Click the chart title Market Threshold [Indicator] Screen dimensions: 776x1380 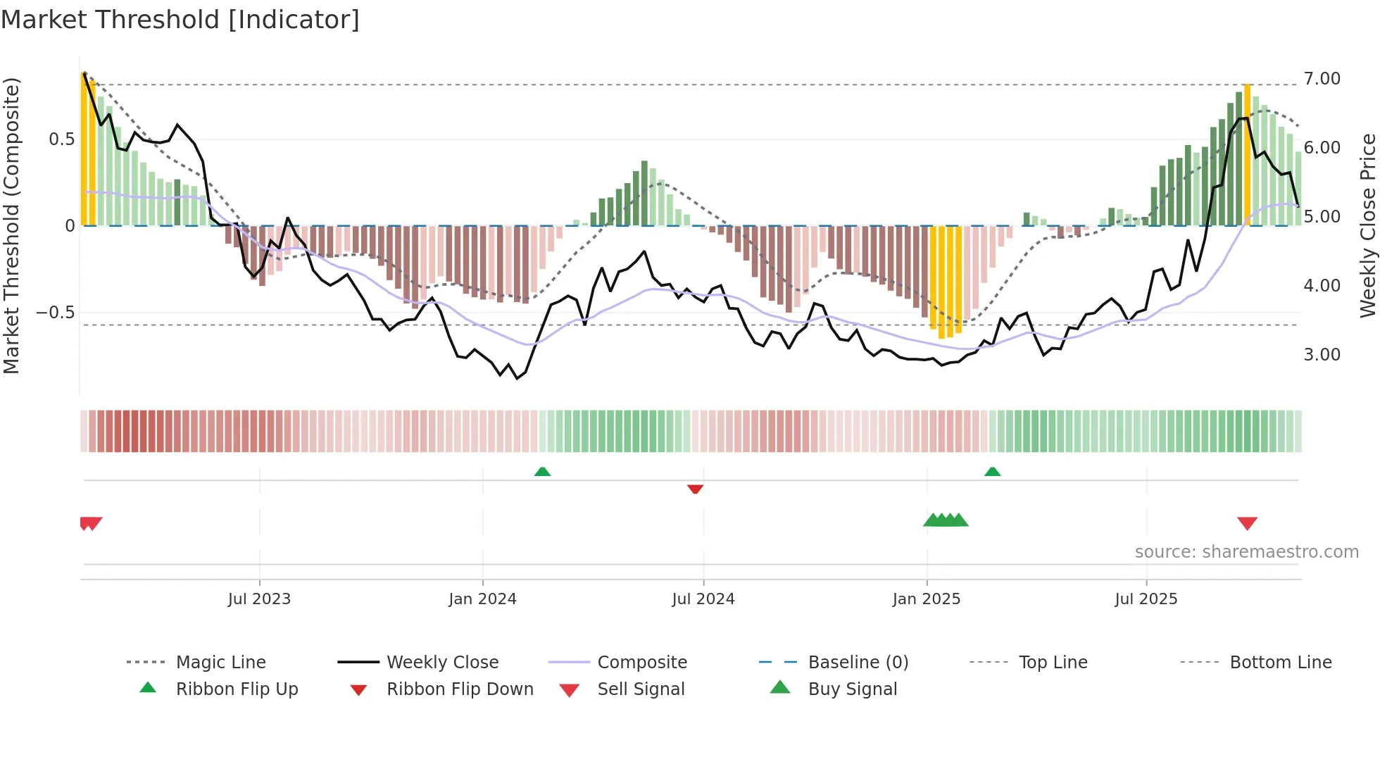click(x=180, y=20)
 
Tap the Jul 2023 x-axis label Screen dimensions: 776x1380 click(x=259, y=599)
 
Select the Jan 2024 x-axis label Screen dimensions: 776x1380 click(x=482, y=599)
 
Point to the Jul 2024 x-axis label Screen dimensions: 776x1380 click(x=703, y=599)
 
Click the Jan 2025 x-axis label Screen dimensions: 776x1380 click(x=926, y=599)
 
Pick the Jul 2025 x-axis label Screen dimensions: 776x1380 click(x=1146, y=599)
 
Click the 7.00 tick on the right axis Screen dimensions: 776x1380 click(x=1322, y=79)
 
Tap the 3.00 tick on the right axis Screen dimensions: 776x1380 click(x=1322, y=355)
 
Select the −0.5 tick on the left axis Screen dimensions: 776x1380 click(x=55, y=313)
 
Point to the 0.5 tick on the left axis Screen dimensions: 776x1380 click(x=61, y=139)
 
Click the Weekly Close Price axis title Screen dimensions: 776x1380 click(x=1367, y=225)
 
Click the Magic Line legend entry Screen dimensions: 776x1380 click(x=220, y=663)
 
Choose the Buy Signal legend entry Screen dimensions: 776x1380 click(x=852, y=689)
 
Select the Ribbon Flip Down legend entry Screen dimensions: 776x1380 click(x=459, y=689)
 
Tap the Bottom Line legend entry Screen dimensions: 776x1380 click(x=1280, y=663)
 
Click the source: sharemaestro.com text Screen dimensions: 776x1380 click(x=1246, y=552)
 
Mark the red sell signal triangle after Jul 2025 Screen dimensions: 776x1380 click(x=1247, y=523)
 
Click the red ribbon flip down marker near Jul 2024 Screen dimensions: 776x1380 click(x=695, y=489)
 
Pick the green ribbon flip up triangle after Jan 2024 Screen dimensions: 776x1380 click(x=542, y=472)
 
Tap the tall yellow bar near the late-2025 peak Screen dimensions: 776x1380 click(x=1247, y=155)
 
